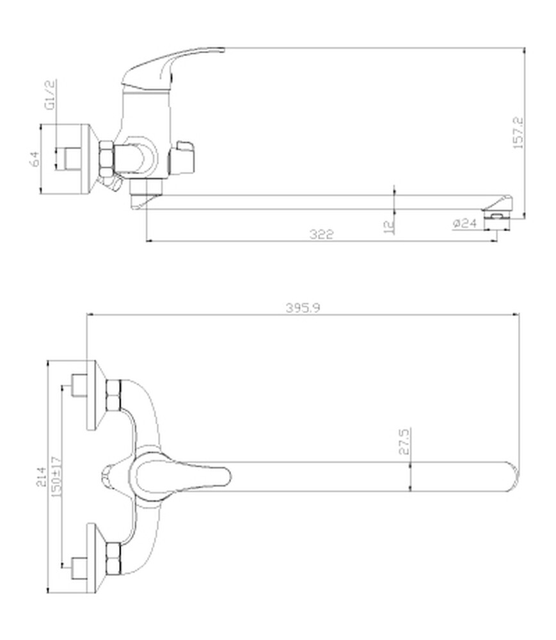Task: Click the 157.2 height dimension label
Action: point(518,132)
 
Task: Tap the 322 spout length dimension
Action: point(321,234)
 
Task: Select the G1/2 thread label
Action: point(50,95)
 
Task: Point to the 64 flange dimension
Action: point(35,159)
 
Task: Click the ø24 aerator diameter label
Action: point(465,223)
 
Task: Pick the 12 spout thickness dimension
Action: point(390,226)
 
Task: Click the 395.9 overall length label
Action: point(303,308)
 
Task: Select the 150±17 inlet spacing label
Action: point(56,476)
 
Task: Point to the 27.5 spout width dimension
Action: point(404,441)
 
